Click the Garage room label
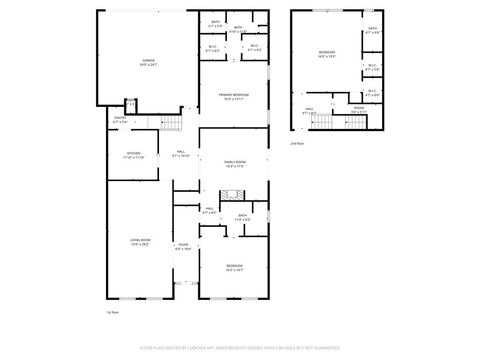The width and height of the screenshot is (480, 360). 148,62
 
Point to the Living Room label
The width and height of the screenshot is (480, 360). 139,242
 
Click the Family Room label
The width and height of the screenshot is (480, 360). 235,164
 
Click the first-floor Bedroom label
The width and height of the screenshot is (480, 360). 234,267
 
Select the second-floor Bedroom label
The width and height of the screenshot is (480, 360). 327,52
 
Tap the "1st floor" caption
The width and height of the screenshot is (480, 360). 113,312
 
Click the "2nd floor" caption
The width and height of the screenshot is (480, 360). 296,143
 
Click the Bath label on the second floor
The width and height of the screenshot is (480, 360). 372,30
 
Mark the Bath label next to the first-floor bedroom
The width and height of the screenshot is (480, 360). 243,216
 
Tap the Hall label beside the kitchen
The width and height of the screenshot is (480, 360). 181,155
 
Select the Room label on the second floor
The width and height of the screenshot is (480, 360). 357,110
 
